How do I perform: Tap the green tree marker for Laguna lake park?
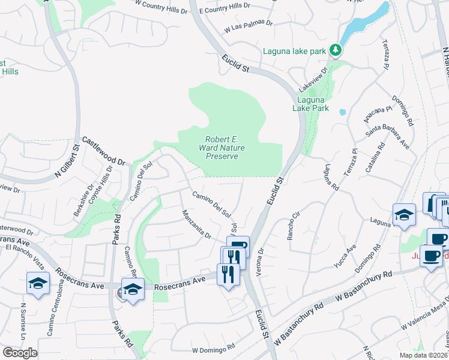point(336,50)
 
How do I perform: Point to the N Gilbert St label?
point(67,161)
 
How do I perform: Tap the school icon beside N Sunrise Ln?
point(38,283)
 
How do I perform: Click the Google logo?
point(20,353)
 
